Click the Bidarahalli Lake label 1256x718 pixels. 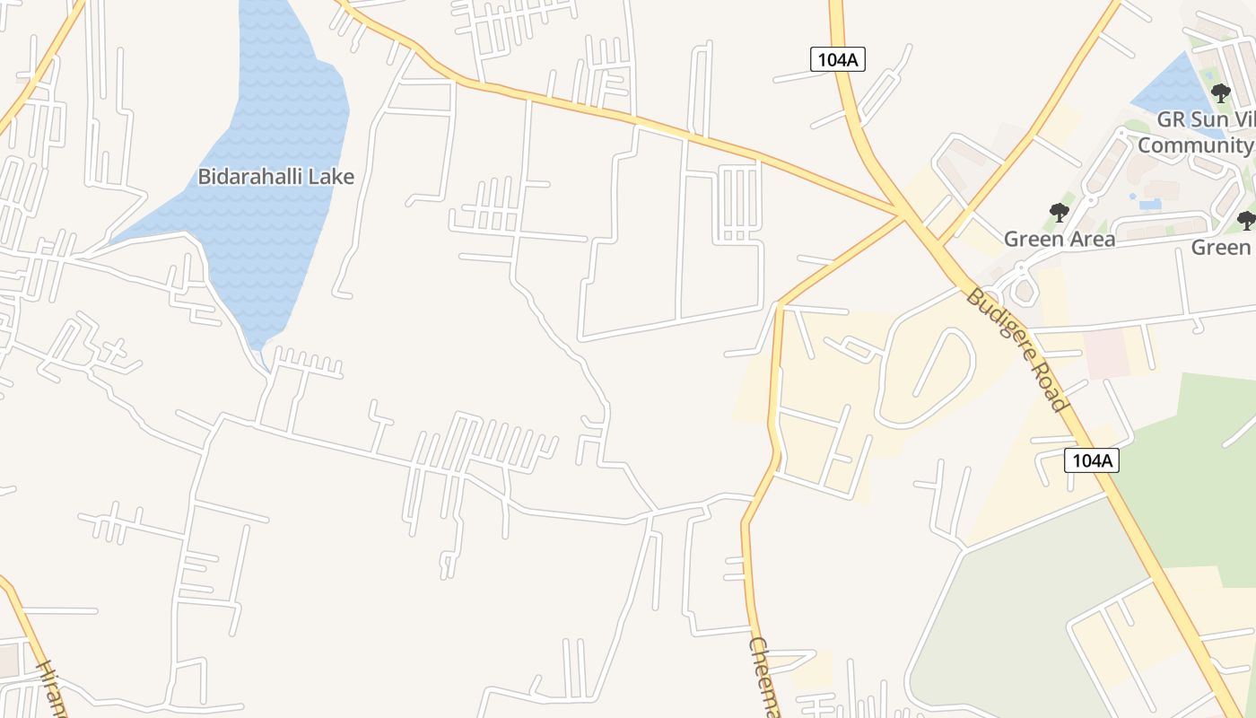tap(275, 177)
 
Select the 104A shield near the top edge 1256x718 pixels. tap(837, 59)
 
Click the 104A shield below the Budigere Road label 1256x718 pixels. tap(1092, 460)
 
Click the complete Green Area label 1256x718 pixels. tap(1059, 239)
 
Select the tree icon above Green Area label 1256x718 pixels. tap(1059, 213)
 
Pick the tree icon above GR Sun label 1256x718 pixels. tap(1220, 92)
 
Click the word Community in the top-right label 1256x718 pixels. tap(1195, 145)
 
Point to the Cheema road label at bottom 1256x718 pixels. tap(764, 678)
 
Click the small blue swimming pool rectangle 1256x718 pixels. tap(1149, 204)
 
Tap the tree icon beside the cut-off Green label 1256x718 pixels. tap(1245, 220)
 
